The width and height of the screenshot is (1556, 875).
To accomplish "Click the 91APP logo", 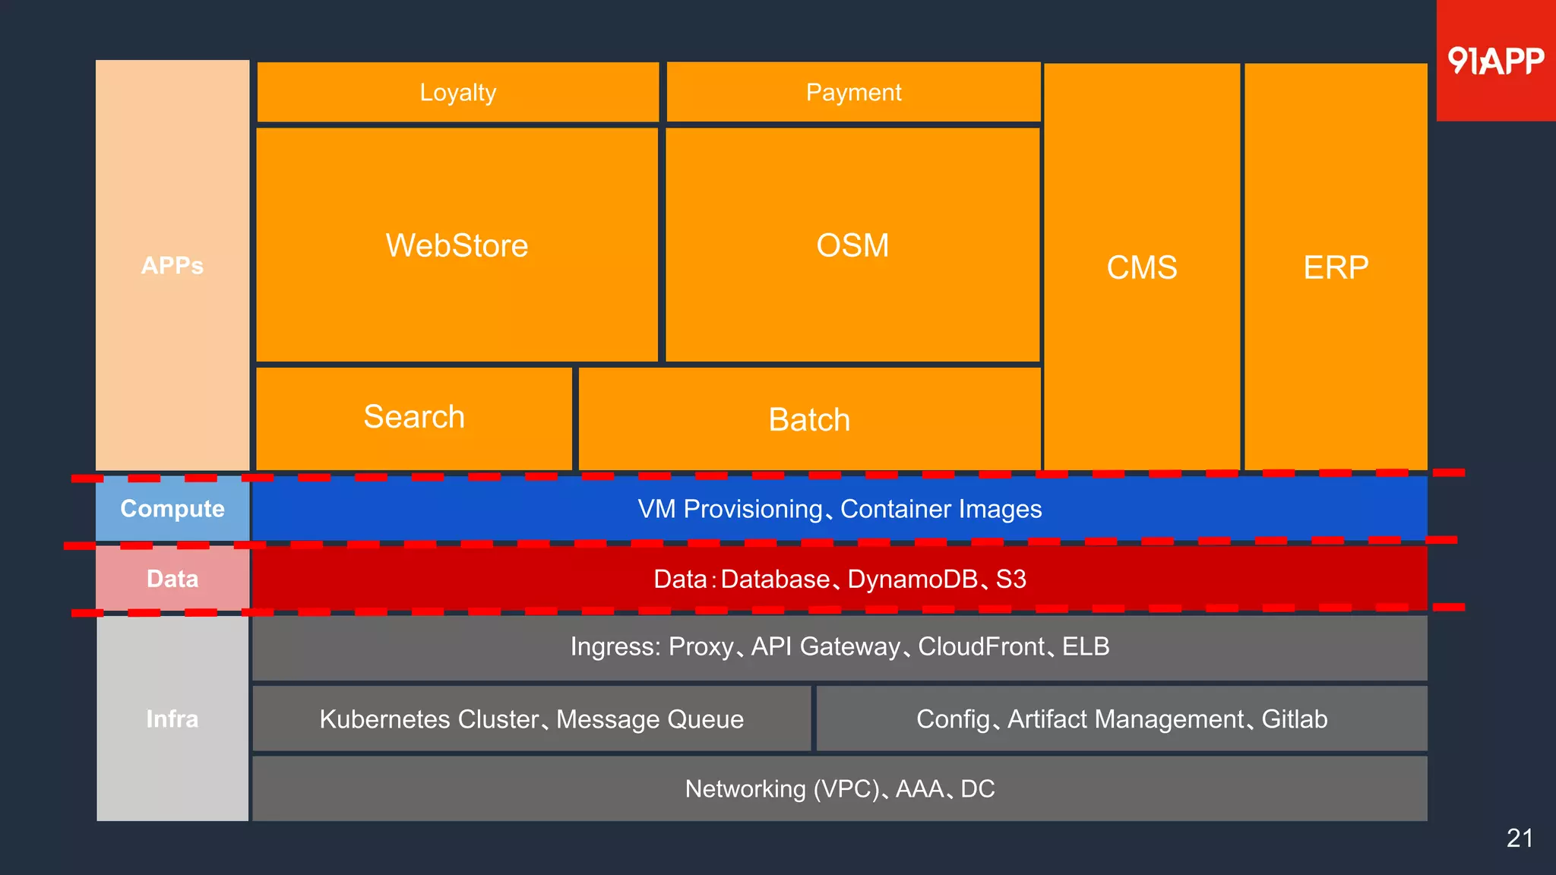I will pos(1495,61).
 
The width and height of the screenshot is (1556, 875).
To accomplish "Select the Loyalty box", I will pos(458,93).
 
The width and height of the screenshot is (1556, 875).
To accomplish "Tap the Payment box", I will pos(853,93).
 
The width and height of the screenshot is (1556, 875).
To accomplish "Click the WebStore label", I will pos(457,246).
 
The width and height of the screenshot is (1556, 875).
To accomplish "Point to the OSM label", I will pos(852,246).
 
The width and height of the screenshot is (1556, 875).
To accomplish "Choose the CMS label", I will pos(1141,267).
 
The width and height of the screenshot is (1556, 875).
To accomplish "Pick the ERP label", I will pos(1336,267).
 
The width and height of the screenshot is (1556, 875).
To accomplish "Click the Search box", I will pos(414,418).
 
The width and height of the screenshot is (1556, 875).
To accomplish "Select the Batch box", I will pos(809,420).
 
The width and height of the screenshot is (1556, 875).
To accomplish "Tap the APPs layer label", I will pos(172,266).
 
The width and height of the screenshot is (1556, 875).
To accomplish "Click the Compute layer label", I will pos(172,509).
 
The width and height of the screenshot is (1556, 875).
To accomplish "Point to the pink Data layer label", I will pos(172,579).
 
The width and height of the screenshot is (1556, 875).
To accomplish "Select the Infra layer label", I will pos(172,719).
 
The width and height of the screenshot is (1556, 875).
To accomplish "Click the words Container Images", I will pos(941,509).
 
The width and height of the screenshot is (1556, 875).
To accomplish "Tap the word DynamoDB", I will pos(912,580).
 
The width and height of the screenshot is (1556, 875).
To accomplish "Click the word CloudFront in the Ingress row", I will pos(981,646).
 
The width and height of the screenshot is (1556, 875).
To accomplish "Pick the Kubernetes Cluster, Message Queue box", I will pos(531,719).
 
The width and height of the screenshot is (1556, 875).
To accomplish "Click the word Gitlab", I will pos(1294,719).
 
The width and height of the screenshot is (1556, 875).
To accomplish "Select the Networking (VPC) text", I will pos(782,789).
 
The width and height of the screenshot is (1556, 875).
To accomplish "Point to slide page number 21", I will pos(1520,839).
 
